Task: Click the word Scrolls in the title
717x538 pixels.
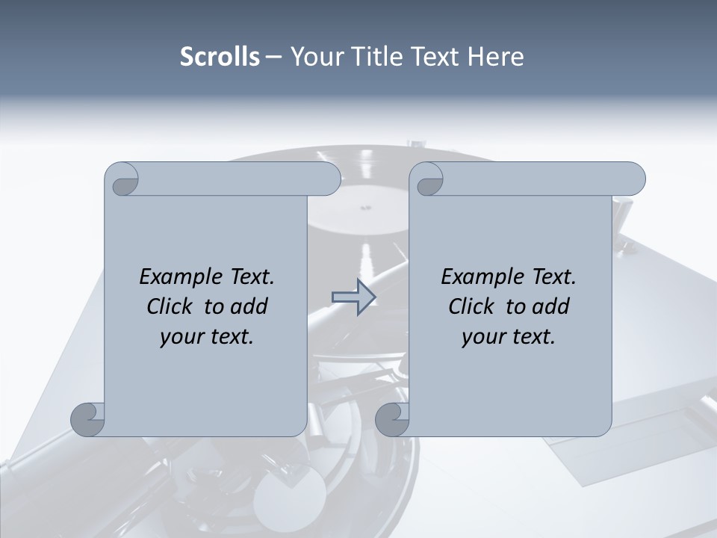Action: (220, 57)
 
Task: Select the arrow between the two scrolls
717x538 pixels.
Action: (353, 297)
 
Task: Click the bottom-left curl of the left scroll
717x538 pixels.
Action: (88, 419)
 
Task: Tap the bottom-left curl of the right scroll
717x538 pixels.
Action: (392, 419)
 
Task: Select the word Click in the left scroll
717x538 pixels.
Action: (171, 306)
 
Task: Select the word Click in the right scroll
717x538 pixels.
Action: (473, 306)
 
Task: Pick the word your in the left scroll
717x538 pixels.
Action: (181, 337)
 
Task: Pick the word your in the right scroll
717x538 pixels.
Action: (483, 337)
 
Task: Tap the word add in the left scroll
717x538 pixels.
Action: (249, 306)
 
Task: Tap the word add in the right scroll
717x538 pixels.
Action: (550, 306)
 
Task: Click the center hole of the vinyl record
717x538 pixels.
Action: (366, 207)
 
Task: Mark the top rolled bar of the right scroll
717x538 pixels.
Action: (538, 179)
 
